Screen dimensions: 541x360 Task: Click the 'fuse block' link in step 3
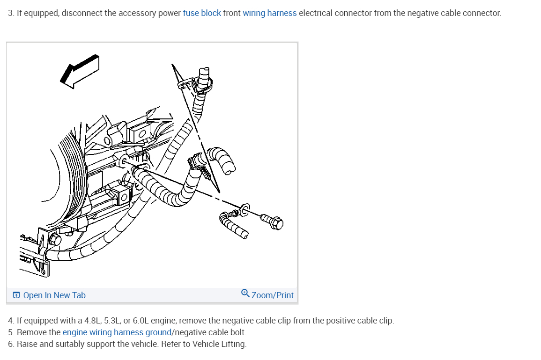pyautogui.click(x=201, y=13)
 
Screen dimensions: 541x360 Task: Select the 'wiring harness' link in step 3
pyautogui.click(x=269, y=13)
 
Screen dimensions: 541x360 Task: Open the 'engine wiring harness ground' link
pyautogui.click(x=117, y=332)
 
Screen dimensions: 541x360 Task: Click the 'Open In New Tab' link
pyautogui.click(x=54, y=295)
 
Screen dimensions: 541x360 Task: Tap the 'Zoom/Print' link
pyautogui.click(x=272, y=295)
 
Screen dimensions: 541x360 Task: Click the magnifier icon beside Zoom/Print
pyautogui.click(x=245, y=294)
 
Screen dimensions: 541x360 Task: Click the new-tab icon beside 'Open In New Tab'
pyautogui.click(x=16, y=295)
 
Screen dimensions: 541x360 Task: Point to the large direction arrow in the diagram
pyautogui.click(x=80, y=70)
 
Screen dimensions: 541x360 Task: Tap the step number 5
pyautogui.click(x=11, y=332)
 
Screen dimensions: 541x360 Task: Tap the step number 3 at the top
pyautogui.click(x=11, y=13)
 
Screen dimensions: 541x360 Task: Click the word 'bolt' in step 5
pyautogui.click(x=237, y=332)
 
